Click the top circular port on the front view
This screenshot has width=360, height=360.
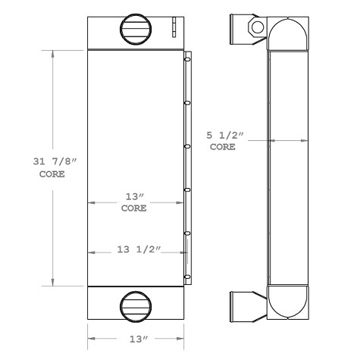coord(136,29)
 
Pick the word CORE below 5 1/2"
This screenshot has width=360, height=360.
coord(223,148)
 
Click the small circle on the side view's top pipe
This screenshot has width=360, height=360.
coord(257,28)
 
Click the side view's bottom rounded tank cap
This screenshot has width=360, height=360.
coord(288,301)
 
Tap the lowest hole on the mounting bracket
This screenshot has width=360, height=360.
coord(186,274)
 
